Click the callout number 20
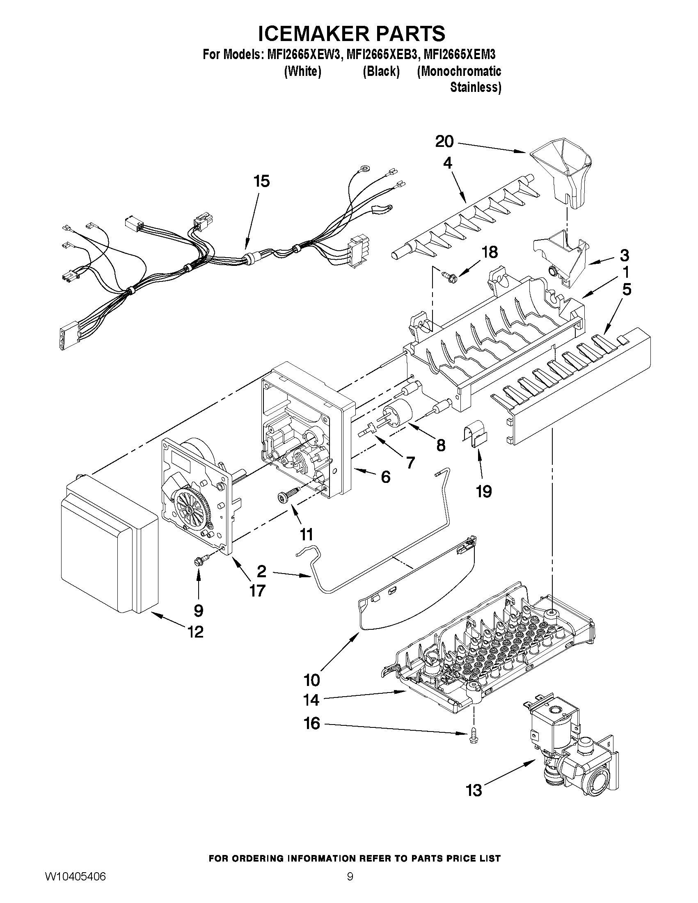tap(444, 142)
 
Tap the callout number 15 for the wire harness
tap(262, 181)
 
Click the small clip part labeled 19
tap(474, 437)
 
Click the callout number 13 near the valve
tap(474, 790)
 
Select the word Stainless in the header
tap(475, 88)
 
